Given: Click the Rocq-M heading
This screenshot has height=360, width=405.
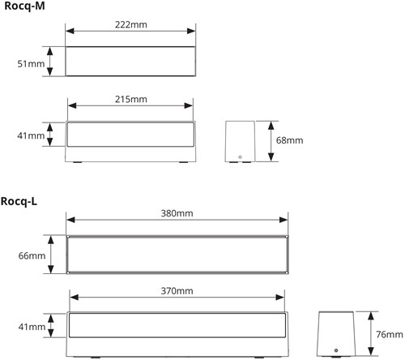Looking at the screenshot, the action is point(24,6).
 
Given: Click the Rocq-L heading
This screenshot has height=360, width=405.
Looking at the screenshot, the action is point(19,201).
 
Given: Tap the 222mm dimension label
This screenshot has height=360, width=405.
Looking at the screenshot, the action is point(131,25).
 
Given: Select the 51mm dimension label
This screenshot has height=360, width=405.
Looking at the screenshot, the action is point(31,64).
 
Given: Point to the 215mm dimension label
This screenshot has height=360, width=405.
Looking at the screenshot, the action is point(131,100).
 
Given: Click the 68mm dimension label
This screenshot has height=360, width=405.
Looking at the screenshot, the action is point(289,140).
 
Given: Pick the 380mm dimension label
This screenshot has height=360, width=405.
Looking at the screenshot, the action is point(177,213).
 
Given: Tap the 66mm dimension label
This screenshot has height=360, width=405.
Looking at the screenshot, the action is point(32,255).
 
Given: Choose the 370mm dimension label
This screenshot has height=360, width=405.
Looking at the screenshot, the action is point(177,291).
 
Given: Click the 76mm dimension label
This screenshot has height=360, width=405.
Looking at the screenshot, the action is point(390,335).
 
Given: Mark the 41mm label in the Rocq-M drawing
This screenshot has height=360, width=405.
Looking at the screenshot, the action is point(31,135).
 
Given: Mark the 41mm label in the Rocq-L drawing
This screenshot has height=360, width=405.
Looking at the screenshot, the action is point(32,327).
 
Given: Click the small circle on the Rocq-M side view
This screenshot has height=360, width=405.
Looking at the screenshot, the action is point(240,157).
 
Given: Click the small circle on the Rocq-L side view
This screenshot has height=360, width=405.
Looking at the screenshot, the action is point(336,350).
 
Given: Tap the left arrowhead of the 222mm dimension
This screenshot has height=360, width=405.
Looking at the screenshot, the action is point(70,31).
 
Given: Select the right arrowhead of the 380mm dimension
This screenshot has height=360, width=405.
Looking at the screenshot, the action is point(283,220).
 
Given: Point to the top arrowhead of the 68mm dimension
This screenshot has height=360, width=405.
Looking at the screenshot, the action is point(271,126).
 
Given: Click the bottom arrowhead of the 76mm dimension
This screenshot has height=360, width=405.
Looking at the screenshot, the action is point(371,351).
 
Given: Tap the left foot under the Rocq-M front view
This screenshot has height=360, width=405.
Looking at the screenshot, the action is point(77,162).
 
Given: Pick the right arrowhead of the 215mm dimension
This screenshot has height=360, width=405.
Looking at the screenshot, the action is point(189,105).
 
